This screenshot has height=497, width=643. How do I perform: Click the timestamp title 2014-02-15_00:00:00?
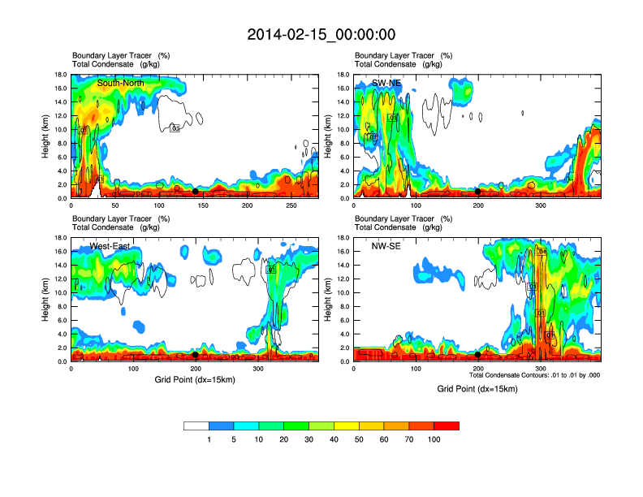click(x=321, y=34)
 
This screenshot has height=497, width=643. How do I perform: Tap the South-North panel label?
click(x=120, y=83)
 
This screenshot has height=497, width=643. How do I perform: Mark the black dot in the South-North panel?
click(x=196, y=192)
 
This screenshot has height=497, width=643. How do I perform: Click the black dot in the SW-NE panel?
click(x=478, y=192)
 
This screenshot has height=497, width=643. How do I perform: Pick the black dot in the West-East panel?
click(x=196, y=355)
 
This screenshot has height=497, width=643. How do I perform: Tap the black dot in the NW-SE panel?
click(x=478, y=355)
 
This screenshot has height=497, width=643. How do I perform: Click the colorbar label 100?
click(x=434, y=439)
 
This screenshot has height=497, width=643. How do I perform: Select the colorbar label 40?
click(x=334, y=439)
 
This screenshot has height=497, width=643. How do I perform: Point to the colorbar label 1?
click(x=209, y=439)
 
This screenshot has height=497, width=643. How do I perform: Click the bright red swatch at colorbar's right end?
click(x=447, y=426)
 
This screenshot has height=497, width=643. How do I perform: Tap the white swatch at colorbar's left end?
click(x=196, y=426)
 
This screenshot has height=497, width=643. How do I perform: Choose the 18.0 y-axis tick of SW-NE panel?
click(x=343, y=75)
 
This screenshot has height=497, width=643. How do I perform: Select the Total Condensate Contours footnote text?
click(x=534, y=375)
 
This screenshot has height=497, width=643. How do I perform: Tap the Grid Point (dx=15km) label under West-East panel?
click(x=195, y=379)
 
